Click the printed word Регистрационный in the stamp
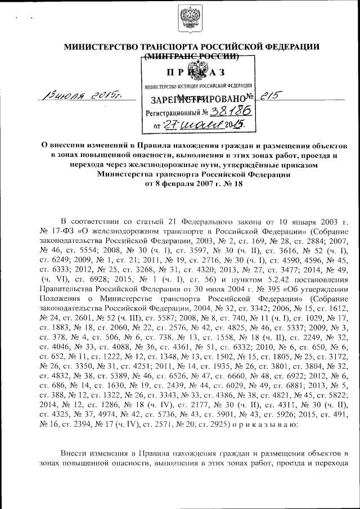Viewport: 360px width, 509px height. coord(173,113)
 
